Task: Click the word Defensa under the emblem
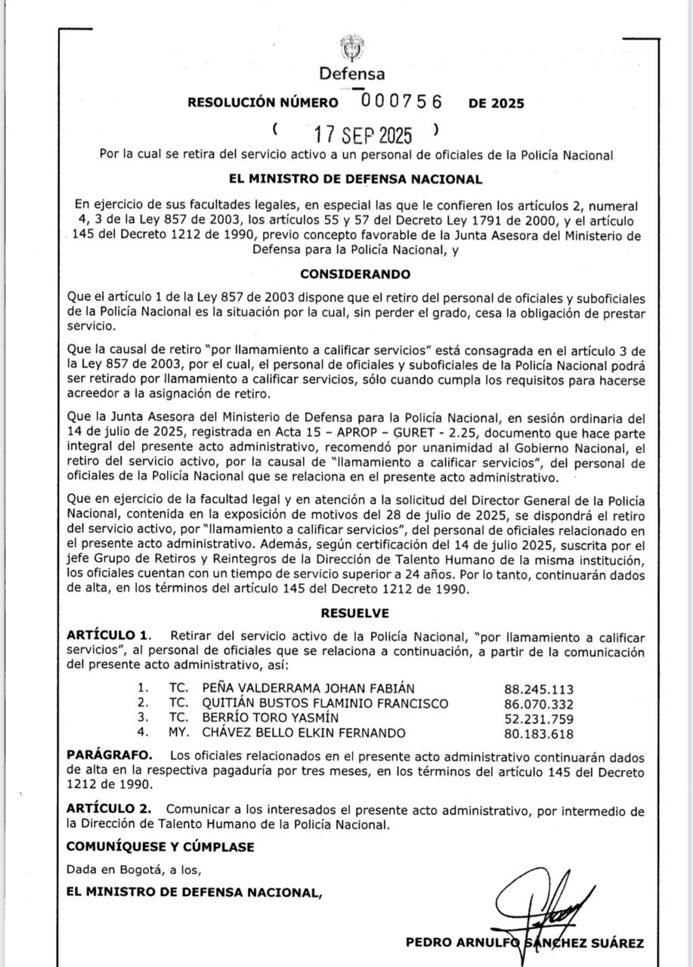pos(351,74)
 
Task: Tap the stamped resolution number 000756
pos(401,101)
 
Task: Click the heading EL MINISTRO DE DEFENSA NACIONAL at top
pos(355,179)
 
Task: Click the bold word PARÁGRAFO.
pos(110,755)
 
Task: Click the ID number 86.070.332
pos(539,704)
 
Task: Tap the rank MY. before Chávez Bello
pos(178,733)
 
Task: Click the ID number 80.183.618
pos(539,734)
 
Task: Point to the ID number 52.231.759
pos(539,718)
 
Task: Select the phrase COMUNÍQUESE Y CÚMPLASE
pos(160,847)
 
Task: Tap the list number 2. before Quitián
pos(143,703)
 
